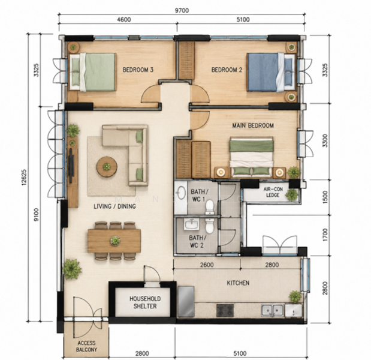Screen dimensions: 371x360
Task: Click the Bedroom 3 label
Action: click(138, 70)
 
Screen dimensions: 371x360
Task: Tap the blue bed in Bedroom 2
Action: click(271, 72)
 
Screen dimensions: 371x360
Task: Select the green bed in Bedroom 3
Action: click(92, 72)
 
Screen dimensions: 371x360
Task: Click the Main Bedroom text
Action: click(253, 125)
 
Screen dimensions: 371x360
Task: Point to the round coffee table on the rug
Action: click(107, 167)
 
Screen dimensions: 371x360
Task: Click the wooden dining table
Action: click(114, 241)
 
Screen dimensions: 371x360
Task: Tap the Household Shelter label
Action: click(145, 302)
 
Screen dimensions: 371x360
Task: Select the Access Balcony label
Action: click(86, 346)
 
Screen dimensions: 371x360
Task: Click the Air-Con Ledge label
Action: click(273, 192)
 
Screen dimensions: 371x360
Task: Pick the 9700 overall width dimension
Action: click(182, 10)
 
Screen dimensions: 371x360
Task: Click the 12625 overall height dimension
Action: click(24, 177)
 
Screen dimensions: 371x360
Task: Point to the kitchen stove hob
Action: click(225, 311)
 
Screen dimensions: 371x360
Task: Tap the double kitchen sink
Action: click(272, 311)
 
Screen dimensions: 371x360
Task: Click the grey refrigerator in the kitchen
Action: click(186, 301)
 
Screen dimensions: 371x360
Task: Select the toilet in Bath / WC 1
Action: click(210, 207)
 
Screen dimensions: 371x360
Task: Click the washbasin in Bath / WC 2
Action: click(191, 224)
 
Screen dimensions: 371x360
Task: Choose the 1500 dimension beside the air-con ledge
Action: click(325, 197)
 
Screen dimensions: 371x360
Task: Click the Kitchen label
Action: click(238, 283)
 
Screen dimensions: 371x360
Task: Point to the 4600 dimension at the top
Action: click(124, 19)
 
